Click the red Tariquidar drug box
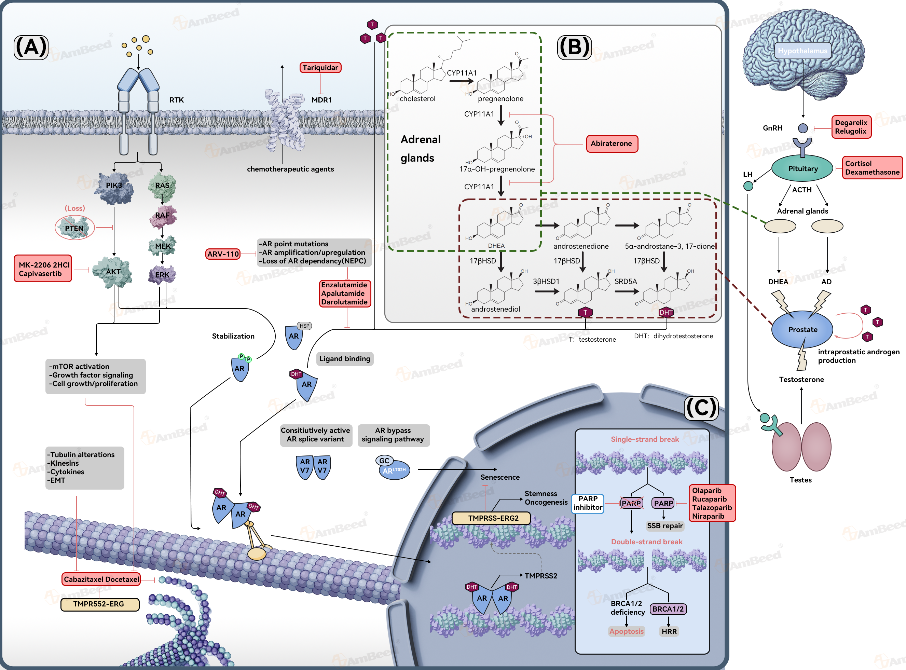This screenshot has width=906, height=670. click(x=320, y=67)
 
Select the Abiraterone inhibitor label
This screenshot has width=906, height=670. click(x=612, y=143)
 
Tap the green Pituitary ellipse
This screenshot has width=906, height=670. click(x=802, y=168)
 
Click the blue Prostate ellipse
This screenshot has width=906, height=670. click(x=802, y=329)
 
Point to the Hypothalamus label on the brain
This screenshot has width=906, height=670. click(x=802, y=51)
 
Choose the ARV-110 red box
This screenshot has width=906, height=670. click(x=223, y=254)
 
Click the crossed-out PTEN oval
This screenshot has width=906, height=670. click(x=74, y=228)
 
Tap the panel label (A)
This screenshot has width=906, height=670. click(x=31, y=47)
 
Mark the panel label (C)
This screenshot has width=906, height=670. click(x=701, y=408)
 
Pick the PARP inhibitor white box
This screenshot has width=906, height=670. click(x=588, y=503)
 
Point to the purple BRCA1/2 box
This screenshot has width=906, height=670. click(x=668, y=609)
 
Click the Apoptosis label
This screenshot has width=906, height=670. click(x=626, y=631)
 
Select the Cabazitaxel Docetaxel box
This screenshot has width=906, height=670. click(x=101, y=579)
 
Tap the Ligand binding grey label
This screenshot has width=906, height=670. click(x=345, y=358)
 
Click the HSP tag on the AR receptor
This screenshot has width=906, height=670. click(x=304, y=326)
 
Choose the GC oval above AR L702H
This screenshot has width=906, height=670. click(x=384, y=461)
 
